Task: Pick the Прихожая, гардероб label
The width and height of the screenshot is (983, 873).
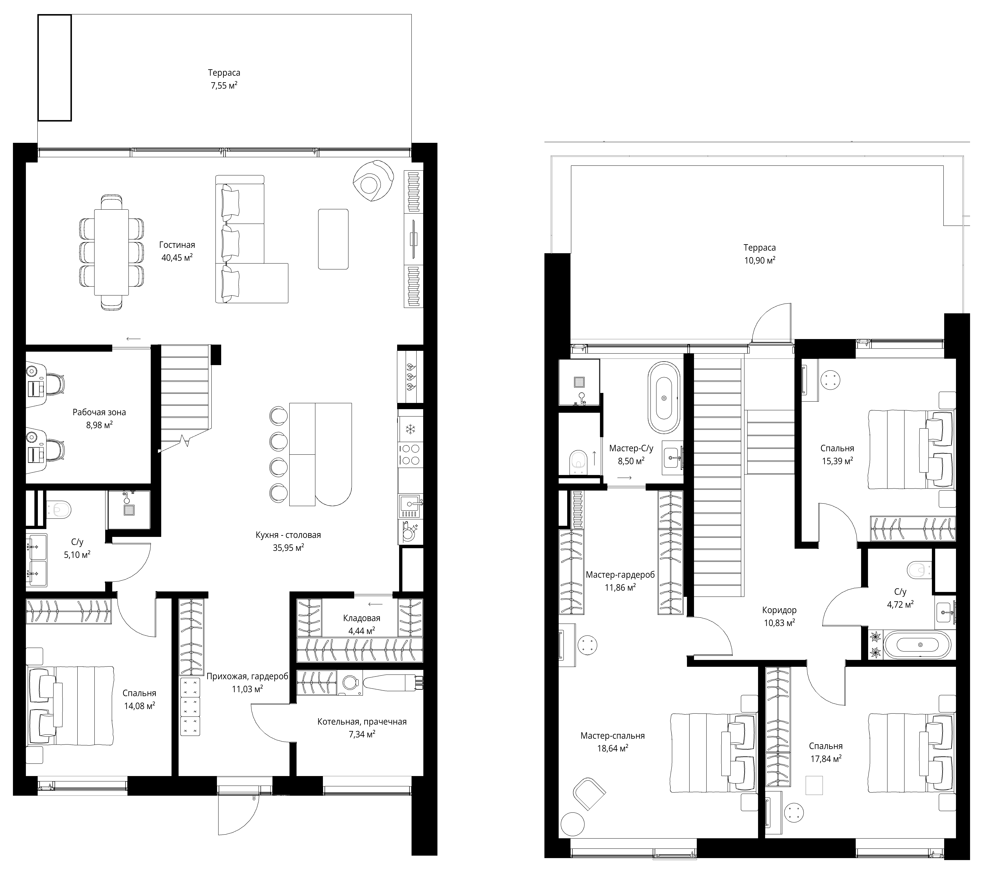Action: [x=247, y=676]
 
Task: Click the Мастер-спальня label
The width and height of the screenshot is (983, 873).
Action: [x=612, y=736]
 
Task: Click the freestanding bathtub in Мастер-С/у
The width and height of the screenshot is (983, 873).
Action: [x=664, y=398]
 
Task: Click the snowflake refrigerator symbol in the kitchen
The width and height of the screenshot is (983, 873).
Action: [x=411, y=429]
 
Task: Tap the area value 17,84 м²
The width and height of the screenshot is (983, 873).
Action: [x=826, y=759]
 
